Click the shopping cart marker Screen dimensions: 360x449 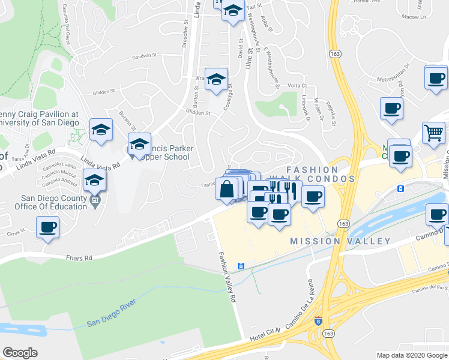[x=433, y=133]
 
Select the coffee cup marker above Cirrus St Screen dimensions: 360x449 [x=48, y=227]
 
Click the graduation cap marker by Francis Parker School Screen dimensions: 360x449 [x=139, y=144]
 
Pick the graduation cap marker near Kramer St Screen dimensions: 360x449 [x=217, y=79]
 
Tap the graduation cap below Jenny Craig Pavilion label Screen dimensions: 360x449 [x=101, y=129]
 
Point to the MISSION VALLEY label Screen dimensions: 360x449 [x=340, y=241]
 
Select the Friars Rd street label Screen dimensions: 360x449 [x=80, y=258]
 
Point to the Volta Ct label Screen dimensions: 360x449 [x=297, y=86]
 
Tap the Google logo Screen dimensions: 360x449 [x=20, y=353]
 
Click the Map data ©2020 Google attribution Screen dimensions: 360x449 [x=412, y=355]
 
